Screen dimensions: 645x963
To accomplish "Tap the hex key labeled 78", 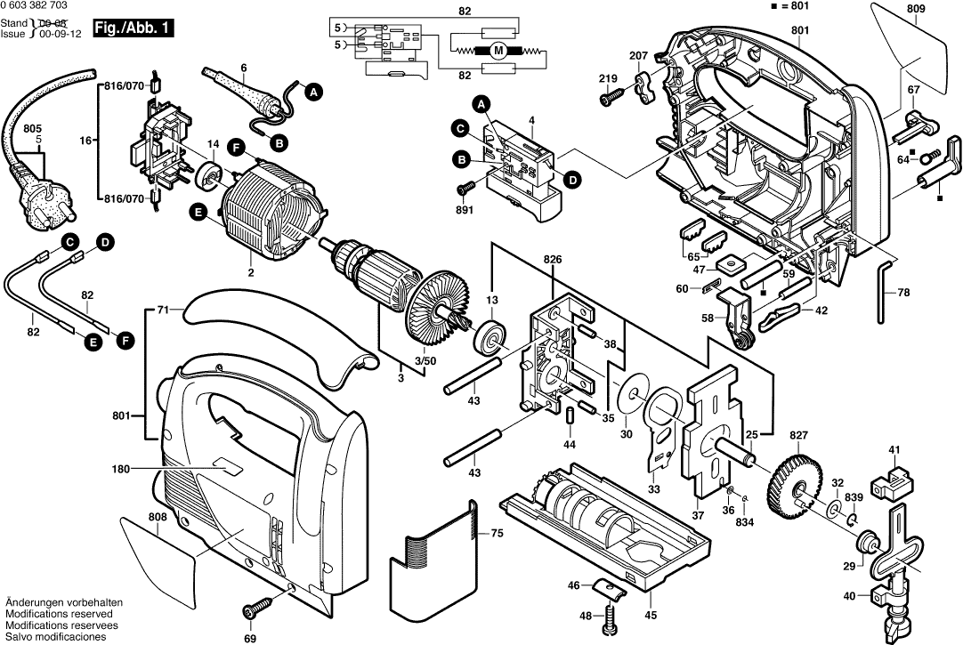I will (884, 290).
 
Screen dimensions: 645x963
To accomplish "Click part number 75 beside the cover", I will (498, 534).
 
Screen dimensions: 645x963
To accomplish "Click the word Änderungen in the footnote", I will (34, 602).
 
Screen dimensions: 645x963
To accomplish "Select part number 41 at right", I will (894, 451).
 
